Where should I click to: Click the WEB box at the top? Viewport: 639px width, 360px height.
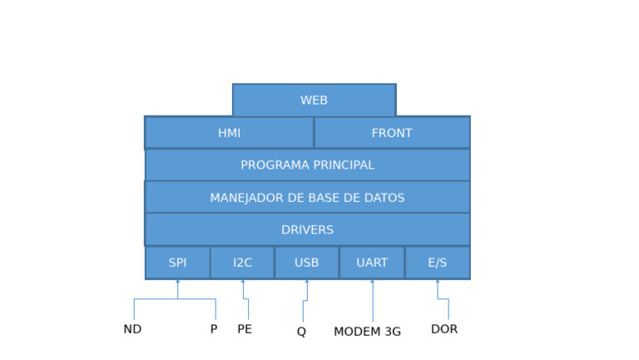click(314, 101)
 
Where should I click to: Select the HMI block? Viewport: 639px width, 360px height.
click(229, 133)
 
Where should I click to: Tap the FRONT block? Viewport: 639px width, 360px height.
click(391, 133)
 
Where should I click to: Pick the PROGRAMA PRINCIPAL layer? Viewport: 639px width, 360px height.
click(307, 165)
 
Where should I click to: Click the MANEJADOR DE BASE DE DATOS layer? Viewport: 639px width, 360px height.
click(307, 198)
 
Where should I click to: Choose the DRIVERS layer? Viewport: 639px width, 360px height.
click(307, 230)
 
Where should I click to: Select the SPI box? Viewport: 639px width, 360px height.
click(177, 263)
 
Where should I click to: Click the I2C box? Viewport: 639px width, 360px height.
click(242, 263)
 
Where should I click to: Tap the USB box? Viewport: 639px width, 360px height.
click(306, 263)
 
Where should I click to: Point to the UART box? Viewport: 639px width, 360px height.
click(372, 263)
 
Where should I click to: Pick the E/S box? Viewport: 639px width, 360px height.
click(437, 263)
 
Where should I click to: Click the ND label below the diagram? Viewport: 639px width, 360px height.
click(132, 329)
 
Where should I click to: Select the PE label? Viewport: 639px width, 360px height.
click(245, 329)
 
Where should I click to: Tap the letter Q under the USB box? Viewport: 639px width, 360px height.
click(301, 332)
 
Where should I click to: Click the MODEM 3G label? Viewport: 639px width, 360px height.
click(367, 332)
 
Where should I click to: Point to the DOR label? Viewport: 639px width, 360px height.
click(444, 329)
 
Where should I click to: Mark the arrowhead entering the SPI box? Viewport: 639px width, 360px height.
click(177, 282)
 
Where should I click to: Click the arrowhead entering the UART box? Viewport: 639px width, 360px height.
click(372, 282)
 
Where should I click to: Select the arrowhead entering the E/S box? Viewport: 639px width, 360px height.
click(437, 282)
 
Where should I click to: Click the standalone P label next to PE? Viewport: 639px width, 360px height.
click(214, 329)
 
